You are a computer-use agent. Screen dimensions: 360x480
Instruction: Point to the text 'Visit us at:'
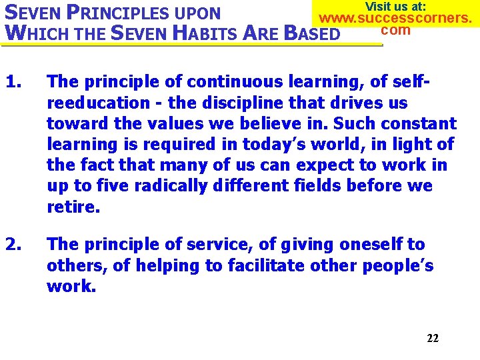[396, 6]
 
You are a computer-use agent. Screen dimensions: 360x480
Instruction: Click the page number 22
[433, 338]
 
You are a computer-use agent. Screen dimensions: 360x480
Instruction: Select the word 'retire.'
[73, 206]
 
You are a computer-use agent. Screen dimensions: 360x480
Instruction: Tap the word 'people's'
[398, 266]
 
